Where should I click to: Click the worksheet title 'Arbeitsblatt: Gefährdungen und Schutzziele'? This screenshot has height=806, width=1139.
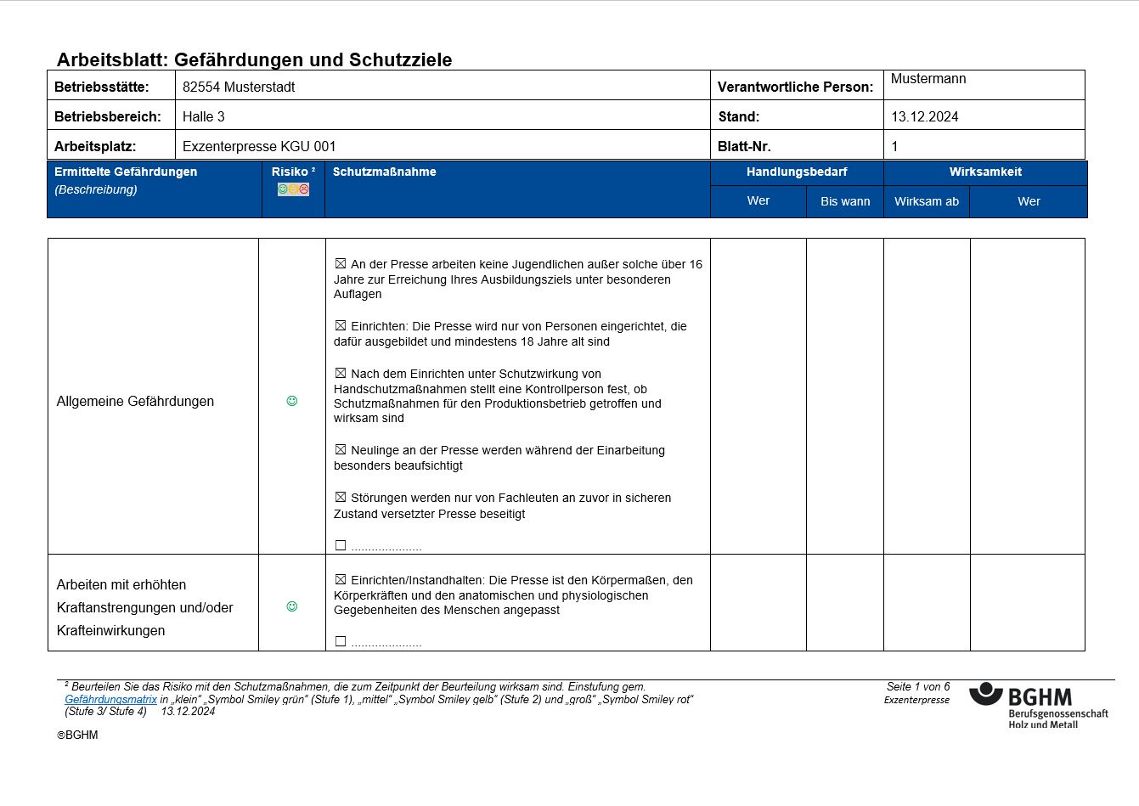[254, 60]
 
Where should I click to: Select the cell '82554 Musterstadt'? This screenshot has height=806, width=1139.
[239, 87]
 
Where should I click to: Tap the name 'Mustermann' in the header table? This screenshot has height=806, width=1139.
[928, 79]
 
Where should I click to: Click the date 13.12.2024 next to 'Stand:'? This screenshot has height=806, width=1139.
[924, 117]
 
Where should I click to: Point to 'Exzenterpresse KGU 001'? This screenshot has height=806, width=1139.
[259, 146]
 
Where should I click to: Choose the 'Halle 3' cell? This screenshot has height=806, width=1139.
[204, 116]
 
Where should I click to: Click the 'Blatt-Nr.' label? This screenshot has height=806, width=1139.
[744, 146]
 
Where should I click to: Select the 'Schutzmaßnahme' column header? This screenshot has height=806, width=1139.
[384, 172]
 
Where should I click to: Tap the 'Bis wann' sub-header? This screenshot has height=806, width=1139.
[845, 201]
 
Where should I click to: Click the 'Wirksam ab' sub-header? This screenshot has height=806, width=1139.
[926, 201]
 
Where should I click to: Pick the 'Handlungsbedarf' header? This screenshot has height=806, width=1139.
[797, 172]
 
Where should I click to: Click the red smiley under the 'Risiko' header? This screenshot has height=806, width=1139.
[304, 189]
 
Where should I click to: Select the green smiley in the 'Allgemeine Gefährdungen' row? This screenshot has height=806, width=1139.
[292, 401]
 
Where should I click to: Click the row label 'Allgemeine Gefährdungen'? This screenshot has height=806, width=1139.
[135, 401]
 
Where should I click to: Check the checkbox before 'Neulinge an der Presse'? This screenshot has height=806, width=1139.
[341, 449]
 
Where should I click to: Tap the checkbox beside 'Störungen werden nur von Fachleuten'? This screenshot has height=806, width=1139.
[341, 497]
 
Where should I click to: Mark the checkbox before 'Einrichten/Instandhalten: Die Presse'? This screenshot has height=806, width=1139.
[341, 579]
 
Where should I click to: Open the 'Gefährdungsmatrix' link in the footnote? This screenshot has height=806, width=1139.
[110, 700]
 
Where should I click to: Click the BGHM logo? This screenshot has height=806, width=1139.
[1038, 704]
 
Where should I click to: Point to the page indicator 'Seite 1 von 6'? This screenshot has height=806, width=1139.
[917, 686]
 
